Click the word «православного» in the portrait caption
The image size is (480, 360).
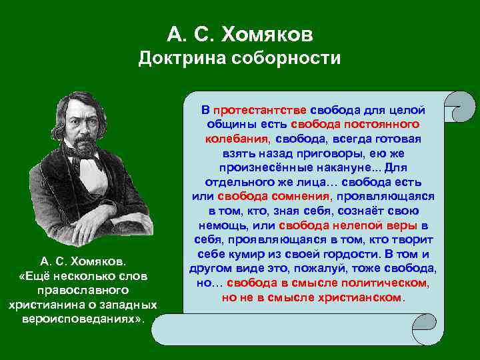coord(83,290)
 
